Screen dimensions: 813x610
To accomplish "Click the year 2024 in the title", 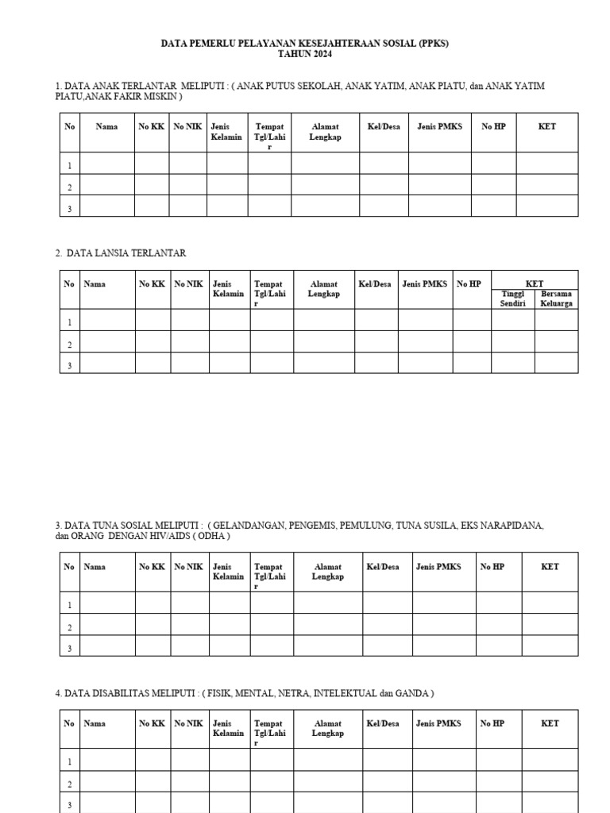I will (320, 55).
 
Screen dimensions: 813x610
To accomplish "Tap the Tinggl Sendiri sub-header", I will (512, 299).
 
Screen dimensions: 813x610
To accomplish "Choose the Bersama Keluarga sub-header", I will (556, 299).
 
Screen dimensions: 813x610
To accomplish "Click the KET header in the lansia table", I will (535, 283).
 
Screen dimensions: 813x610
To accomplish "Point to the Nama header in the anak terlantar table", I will (106, 127).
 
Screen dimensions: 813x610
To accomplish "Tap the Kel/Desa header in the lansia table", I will (375, 283).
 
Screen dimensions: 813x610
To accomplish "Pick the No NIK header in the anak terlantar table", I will (188, 127).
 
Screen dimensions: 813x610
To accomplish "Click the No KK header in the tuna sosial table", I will (152, 567).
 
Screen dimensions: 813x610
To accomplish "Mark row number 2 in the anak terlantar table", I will (70, 188).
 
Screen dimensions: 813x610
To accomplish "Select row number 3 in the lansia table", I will (70, 366).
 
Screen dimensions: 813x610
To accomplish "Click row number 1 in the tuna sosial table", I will (70, 606).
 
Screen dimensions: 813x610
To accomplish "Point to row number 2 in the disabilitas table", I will (70, 784).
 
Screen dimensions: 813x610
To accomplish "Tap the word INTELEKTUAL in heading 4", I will (346, 693).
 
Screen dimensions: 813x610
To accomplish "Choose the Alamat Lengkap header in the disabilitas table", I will (328, 728).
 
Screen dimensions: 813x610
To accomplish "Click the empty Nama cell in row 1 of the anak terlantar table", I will (106, 165).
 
